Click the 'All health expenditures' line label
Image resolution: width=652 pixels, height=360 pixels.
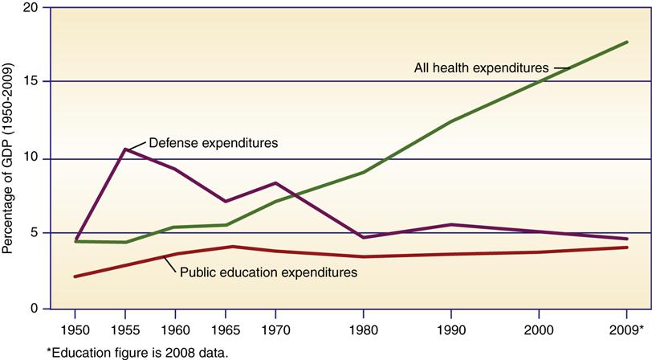480,67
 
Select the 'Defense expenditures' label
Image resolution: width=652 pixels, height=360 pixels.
213,143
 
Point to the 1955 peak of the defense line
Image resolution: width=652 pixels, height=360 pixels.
124,149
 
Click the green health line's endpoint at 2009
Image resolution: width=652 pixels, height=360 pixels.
626,42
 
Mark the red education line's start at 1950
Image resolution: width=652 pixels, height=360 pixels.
75,276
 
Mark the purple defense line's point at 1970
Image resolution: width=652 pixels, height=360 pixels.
275,183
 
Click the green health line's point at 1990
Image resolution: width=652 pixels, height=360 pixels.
451,121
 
